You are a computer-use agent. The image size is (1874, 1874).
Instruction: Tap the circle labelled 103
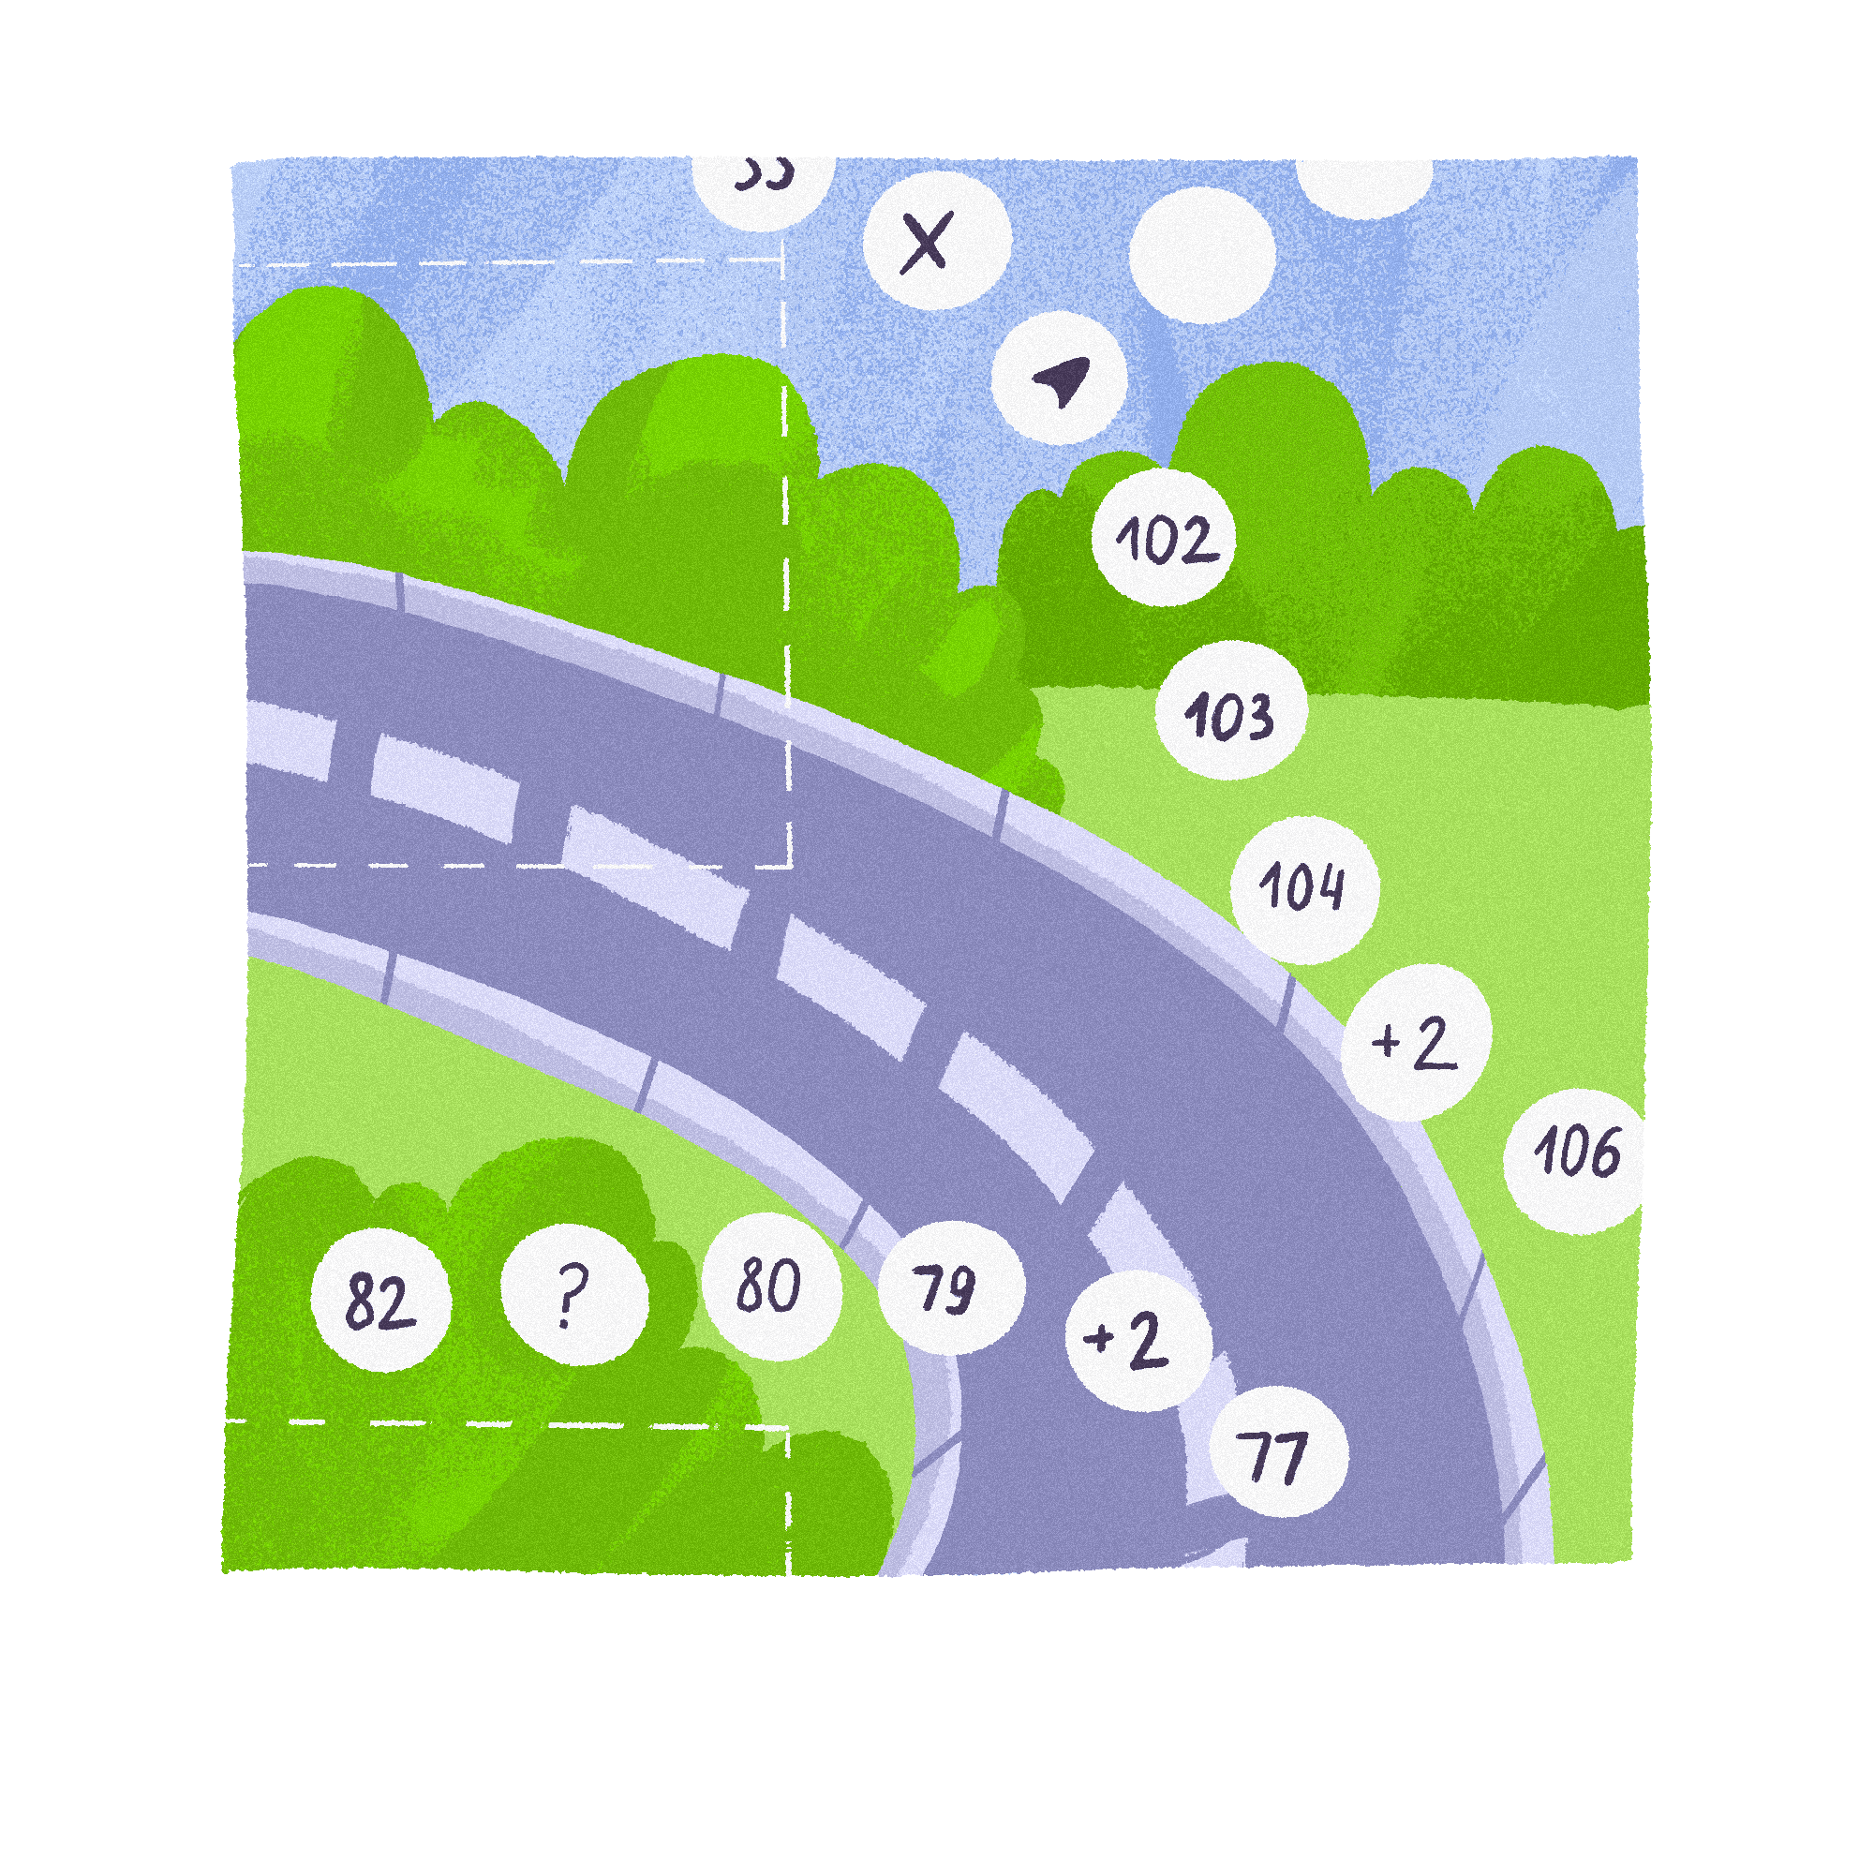coord(1231,712)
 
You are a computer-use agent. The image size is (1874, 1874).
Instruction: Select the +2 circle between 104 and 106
coord(1415,1043)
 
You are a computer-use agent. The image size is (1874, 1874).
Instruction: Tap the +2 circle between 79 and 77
coord(1138,1341)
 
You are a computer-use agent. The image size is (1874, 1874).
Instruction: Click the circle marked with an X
coord(929,243)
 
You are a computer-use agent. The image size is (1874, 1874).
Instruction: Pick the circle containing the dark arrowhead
coord(1059,379)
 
